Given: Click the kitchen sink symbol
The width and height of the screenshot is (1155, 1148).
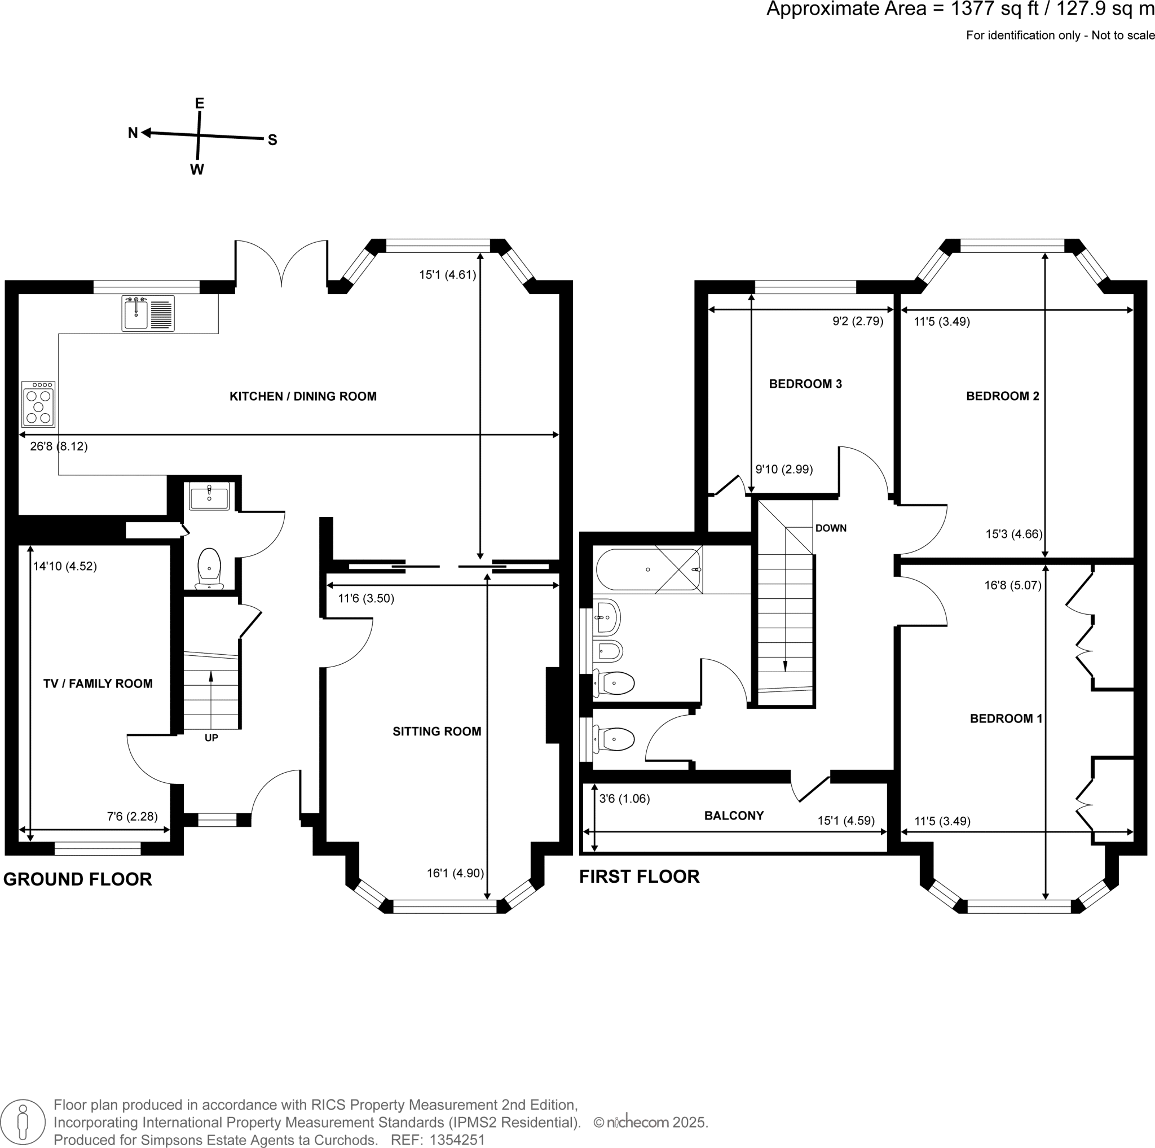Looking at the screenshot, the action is [148, 313].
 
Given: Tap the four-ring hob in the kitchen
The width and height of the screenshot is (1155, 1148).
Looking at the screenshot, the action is [38, 405].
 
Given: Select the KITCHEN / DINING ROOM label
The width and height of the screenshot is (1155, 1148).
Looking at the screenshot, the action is [303, 396].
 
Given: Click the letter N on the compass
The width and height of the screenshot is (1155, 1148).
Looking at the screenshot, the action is [133, 133].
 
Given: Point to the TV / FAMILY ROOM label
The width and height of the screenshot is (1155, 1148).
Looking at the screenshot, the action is [98, 683].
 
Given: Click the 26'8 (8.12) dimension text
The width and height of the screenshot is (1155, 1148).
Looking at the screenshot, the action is [59, 446].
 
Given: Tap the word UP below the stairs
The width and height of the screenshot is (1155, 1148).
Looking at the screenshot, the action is [211, 738].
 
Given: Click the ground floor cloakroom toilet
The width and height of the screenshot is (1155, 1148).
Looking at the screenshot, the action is [209, 568].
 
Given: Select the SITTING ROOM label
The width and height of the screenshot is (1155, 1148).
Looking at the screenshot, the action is [437, 731].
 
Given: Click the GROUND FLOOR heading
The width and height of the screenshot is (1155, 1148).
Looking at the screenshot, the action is [78, 879].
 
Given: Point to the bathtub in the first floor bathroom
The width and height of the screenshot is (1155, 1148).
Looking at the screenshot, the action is [649, 570].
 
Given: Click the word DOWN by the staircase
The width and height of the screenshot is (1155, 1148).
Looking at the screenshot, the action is [830, 528].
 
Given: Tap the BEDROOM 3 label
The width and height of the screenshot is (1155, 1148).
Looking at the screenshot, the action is [805, 383].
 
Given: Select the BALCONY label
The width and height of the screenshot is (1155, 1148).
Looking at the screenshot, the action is [734, 816].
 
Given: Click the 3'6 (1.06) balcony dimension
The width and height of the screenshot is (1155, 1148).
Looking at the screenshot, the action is [624, 798].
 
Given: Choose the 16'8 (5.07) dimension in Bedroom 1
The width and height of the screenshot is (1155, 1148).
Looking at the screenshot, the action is [1012, 585].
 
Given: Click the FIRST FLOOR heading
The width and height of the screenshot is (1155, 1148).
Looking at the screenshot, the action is [639, 876].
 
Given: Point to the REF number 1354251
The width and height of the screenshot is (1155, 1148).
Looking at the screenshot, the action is [457, 1140].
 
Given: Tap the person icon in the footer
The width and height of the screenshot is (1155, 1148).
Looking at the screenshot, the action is [23, 1121].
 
